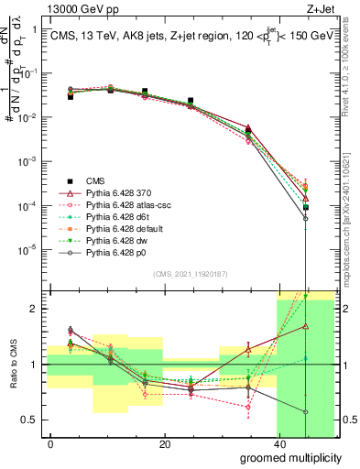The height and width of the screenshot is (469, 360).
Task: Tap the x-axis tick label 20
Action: (x=165, y=445)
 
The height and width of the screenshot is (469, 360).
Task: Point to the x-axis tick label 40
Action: (x=279, y=445)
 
